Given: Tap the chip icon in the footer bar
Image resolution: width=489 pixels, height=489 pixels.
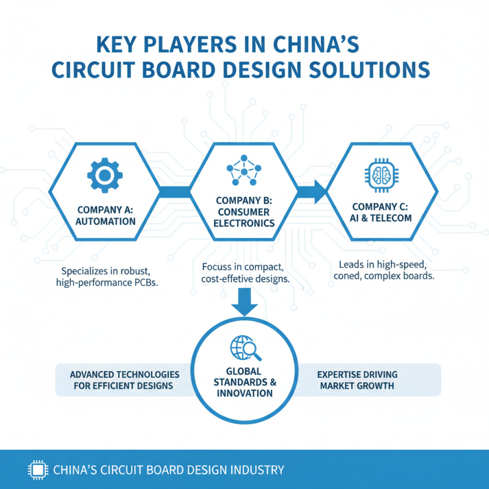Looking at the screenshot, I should [37, 470].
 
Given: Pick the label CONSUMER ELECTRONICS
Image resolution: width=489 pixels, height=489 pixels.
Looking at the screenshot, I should [244, 217].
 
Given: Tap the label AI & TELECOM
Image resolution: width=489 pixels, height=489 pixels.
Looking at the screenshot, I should [382, 218].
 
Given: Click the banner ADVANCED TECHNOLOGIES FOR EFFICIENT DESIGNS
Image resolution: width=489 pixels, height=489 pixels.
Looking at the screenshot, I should [125, 380].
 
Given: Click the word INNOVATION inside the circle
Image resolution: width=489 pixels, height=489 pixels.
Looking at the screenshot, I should [244, 392].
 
